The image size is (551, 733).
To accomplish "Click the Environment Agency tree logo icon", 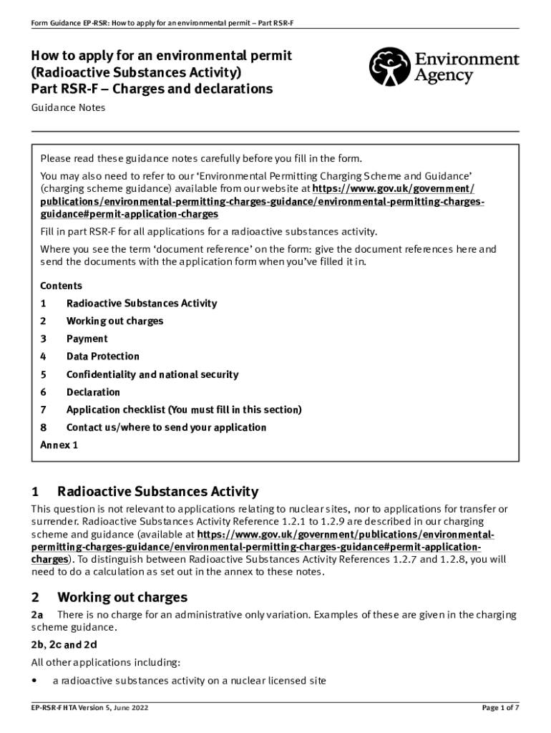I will tap(389, 67).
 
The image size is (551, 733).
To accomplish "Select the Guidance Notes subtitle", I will tap(68, 107).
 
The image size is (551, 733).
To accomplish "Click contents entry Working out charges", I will tap(114, 321).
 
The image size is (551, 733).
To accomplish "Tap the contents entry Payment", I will tap(87, 339).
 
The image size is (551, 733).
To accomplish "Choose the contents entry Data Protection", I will tap(102, 356).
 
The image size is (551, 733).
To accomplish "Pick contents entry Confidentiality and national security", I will tap(152, 374).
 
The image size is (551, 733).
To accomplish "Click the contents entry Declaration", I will tap(93, 392).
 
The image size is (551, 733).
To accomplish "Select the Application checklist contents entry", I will tap(184, 410).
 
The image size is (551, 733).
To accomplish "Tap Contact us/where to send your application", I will tap(166, 428).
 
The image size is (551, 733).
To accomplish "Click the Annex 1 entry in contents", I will tap(59, 445).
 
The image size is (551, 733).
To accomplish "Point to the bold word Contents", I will tap(61, 286).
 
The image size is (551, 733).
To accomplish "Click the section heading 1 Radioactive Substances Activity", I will tap(144, 492).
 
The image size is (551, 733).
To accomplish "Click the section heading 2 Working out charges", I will tap(109, 597).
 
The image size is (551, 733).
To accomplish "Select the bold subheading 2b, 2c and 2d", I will tap(64, 645).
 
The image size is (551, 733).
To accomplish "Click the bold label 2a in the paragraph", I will tap(36, 615).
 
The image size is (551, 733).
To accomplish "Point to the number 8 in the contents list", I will tap(43, 428).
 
